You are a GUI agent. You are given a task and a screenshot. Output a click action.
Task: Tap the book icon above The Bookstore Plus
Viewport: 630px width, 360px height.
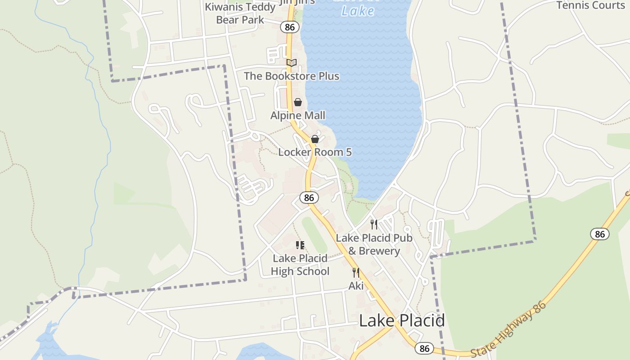pyautogui.click(x=292, y=63)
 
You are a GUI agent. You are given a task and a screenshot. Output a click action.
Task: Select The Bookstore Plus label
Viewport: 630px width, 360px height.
pyautogui.click(x=292, y=76)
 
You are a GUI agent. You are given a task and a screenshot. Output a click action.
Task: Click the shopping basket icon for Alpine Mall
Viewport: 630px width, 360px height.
pyautogui.click(x=297, y=102)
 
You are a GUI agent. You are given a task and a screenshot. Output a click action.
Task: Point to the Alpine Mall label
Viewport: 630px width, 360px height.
pyautogui.click(x=297, y=116)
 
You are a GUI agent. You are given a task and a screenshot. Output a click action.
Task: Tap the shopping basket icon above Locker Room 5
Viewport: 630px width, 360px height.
pyautogui.click(x=315, y=139)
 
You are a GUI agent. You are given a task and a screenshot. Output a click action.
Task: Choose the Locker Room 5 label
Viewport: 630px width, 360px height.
pyautogui.click(x=315, y=152)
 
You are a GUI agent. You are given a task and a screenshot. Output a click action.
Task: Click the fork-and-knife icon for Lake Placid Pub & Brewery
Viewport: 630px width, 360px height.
pyautogui.click(x=374, y=224)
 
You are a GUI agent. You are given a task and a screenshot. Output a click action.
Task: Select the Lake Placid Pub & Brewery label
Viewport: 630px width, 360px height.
pyautogui.click(x=374, y=244)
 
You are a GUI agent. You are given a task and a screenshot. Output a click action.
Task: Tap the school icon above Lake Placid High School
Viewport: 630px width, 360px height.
pyautogui.click(x=300, y=245)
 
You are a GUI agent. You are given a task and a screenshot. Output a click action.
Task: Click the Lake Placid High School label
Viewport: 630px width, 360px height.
pyautogui.click(x=300, y=265)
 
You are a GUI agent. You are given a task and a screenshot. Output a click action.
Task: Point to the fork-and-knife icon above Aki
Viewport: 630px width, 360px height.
pyautogui.click(x=356, y=273)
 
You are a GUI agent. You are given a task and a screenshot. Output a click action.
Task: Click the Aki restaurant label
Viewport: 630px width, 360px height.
pyautogui.click(x=356, y=286)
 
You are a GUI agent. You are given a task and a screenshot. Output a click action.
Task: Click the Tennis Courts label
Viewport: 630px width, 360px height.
pyautogui.click(x=591, y=5)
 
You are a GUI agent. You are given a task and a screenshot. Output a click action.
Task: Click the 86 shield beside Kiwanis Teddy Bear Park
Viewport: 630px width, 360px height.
pyautogui.click(x=290, y=27)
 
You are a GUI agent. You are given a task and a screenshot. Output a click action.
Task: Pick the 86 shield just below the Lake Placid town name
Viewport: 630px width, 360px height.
pyautogui.click(x=424, y=348)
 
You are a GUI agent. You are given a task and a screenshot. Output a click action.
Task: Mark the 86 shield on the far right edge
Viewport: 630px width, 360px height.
pyautogui.click(x=600, y=234)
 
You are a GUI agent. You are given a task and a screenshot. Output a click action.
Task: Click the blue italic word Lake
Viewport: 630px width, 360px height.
pyautogui.click(x=358, y=11)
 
